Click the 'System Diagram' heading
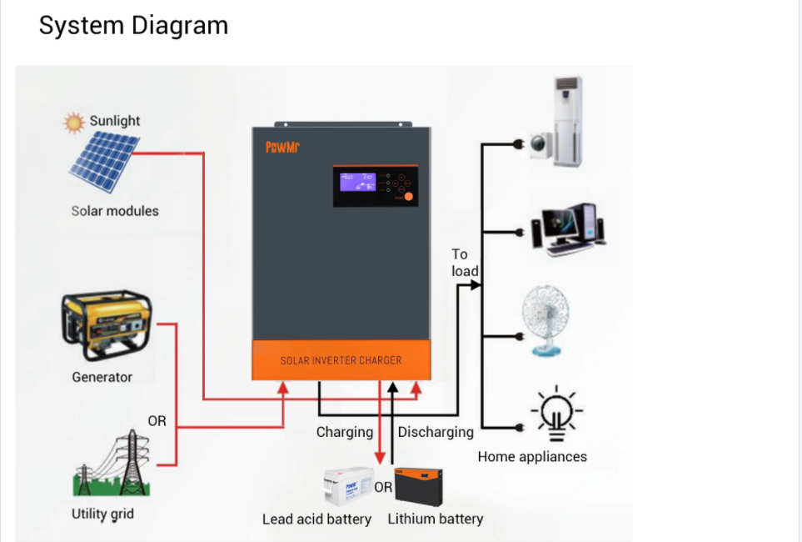133,25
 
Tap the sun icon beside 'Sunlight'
75,123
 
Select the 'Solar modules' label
115,211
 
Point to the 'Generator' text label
102,377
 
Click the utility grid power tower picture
108,464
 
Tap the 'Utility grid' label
102,513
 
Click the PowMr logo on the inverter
282,148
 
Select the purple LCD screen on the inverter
357,183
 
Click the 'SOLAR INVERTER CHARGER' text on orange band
341,360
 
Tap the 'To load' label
464,263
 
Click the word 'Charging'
344,432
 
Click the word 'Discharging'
436,432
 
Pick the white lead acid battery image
349,486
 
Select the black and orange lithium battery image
418,484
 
